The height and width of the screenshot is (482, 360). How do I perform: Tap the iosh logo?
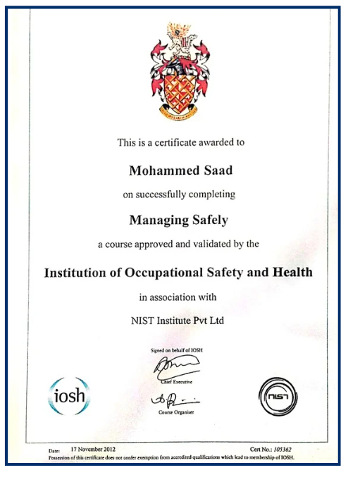pyautogui.click(x=69, y=395)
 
